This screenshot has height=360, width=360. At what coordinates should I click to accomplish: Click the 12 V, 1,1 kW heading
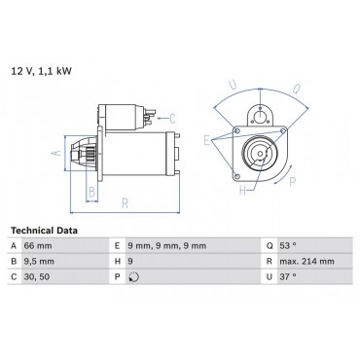[41, 71]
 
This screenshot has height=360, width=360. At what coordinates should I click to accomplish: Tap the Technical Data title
[44, 231]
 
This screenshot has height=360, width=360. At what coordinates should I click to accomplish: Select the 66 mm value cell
[38, 246]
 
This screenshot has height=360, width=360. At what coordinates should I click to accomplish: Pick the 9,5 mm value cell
[39, 262]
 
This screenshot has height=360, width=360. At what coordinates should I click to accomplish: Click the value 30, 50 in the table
[37, 277]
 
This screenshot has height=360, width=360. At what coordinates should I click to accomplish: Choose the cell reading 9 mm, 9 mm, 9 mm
[166, 246]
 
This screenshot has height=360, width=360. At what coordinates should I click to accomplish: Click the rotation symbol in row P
[134, 277]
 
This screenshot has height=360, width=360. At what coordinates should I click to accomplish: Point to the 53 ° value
[288, 245]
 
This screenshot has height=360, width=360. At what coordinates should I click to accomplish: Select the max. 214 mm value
[306, 262]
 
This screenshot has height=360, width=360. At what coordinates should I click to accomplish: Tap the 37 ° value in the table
[288, 276]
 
